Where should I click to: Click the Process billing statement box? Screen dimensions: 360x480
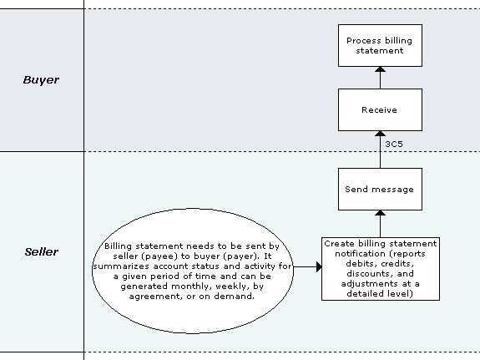click(x=379, y=45)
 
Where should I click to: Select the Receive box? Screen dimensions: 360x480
click(x=379, y=109)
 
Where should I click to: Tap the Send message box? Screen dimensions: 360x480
click(x=379, y=189)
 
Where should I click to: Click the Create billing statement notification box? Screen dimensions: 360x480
click(x=380, y=267)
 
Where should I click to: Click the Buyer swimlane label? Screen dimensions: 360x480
click(x=41, y=80)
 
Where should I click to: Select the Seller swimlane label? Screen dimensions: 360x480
click(x=41, y=251)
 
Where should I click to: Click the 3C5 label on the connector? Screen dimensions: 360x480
click(x=395, y=144)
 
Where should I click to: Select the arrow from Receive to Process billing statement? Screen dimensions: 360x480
click(x=379, y=77)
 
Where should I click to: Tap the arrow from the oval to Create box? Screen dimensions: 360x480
click(x=306, y=267)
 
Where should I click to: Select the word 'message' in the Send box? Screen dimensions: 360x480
click(x=393, y=189)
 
